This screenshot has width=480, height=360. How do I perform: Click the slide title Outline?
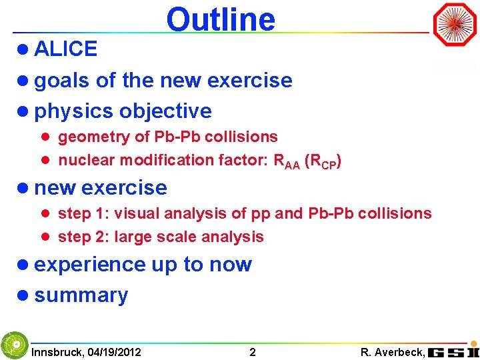pyautogui.click(x=221, y=19)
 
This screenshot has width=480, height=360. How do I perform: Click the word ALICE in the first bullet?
pyautogui.click(x=65, y=49)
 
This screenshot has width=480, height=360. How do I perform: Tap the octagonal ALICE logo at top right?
pyautogui.click(x=455, y=25)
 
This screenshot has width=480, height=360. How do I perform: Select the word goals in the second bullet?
pyautogui.click(x=63, y=81)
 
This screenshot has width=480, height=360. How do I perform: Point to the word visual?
pyautogui.click(x=137, y=214)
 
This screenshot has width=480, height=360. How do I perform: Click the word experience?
pyautogui.click(x=90, y=265)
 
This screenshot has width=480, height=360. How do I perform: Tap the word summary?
pyautogui.click(x=81, y=295)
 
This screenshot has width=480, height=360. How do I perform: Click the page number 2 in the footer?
pyautogui.click(x=252, y=352)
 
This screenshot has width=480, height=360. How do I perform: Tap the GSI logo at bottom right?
pyautogui.click(x=453, y=351)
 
